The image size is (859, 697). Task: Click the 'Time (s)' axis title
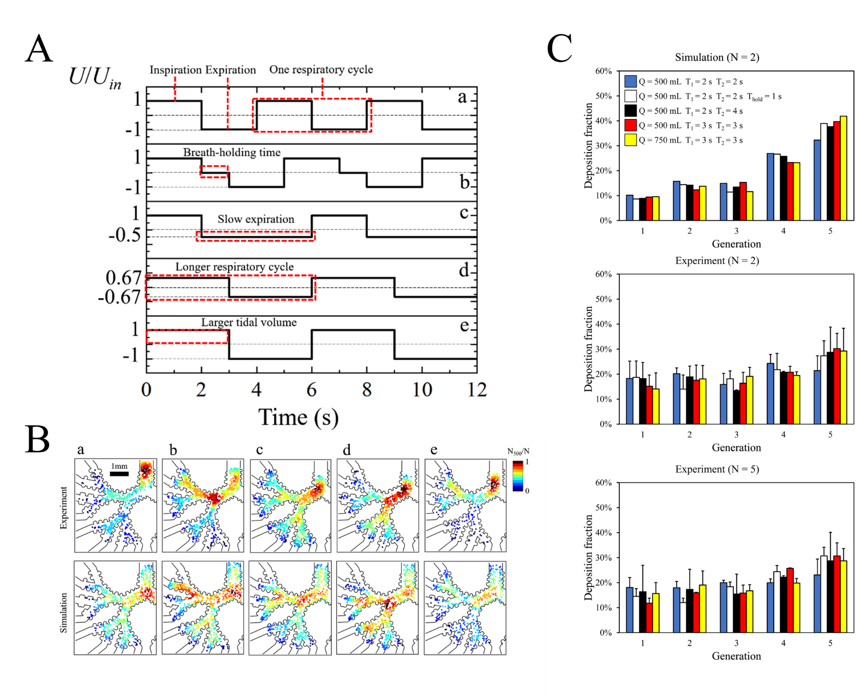298,417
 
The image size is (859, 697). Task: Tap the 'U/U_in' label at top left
95,77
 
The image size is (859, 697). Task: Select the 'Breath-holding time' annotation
232,153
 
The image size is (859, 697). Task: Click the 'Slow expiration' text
255,219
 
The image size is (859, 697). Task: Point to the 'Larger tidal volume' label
249,322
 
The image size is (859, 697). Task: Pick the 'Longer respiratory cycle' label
234,267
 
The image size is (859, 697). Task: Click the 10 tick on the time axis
422,390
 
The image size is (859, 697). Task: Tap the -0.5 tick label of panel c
125,235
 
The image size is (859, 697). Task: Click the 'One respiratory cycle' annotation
321,70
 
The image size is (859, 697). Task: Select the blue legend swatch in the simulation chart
631,81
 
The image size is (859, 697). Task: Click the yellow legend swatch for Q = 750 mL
631,140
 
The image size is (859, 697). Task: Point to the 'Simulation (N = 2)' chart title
717,57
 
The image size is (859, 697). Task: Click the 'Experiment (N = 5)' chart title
717,469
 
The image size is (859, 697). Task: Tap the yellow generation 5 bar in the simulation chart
843,168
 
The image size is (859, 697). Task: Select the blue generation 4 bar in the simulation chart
771,187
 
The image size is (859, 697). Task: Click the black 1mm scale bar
119,474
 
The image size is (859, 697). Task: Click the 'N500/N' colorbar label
518,451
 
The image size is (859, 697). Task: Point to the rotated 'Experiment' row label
64,507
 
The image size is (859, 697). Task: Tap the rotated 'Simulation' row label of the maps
64,613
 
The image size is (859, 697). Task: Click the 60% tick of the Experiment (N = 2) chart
603,274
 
